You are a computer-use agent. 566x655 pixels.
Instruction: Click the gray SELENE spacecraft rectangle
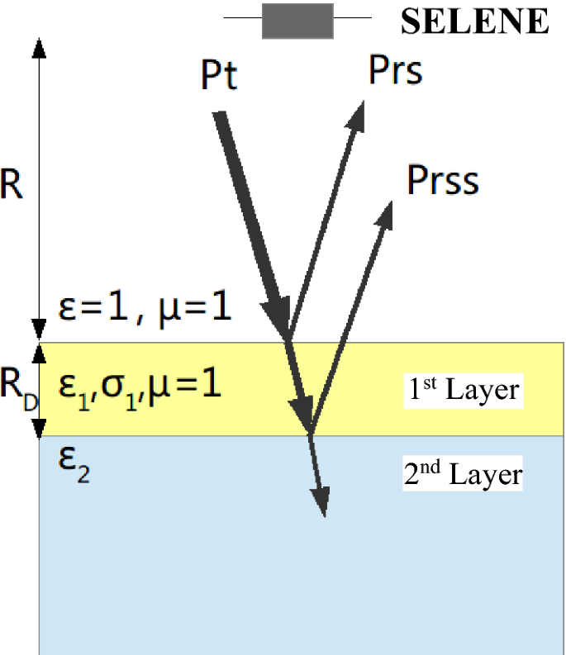(297, 21)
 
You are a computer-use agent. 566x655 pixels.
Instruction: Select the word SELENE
(474, 21)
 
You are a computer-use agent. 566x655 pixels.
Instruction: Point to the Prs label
(395, 72)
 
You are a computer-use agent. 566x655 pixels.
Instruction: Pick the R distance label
(12, 186)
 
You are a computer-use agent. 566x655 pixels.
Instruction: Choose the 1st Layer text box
(463, 389)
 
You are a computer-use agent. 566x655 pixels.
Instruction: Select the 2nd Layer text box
(463, 475)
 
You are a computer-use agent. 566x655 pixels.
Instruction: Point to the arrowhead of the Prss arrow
(385, 211)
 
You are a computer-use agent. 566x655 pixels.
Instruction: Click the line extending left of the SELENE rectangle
(243, 17)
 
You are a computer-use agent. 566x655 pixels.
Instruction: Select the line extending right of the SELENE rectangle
(352, 17)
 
